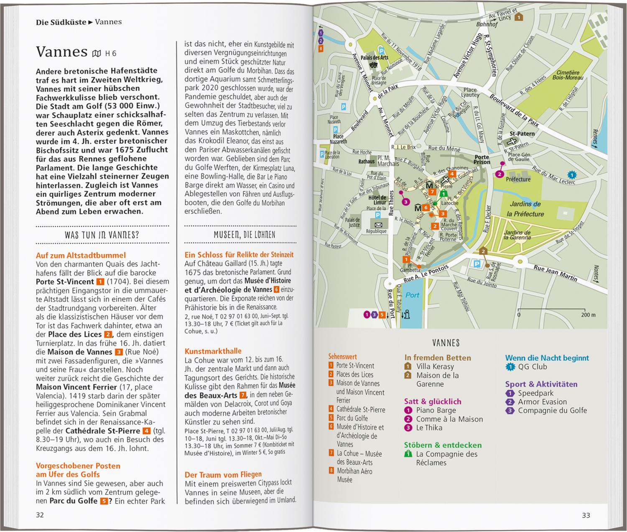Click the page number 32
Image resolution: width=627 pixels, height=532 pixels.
[40, 515]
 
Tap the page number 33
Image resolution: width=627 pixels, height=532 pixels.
[586, 515]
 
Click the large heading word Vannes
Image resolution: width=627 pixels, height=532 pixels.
[61, 51]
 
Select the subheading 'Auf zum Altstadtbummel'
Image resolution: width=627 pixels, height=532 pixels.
[81, 255]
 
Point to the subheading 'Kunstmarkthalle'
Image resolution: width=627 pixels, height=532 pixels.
[213, 351]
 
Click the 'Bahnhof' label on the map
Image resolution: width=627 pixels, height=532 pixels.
[487, 24]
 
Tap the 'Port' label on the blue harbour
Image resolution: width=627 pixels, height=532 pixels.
[412, 295]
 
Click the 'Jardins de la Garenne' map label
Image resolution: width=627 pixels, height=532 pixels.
[517, 235]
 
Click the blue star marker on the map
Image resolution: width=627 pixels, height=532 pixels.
[572, 175]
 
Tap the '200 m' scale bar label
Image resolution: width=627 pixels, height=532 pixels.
[588, 315]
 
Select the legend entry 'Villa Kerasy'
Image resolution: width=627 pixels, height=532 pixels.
[435, 367]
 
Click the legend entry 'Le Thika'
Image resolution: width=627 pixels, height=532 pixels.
[429, 428]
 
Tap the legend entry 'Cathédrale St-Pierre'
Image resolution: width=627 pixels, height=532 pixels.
[361, 410]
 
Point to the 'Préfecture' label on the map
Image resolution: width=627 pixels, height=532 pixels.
[518, 179]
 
